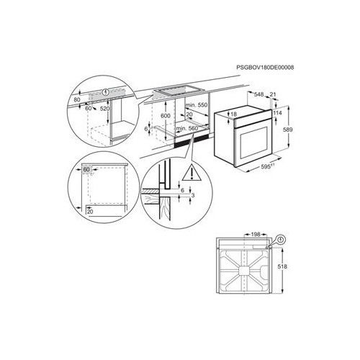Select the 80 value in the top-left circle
[78, 102]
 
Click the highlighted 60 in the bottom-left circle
[88, 170]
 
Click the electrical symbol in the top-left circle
[106, 92]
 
